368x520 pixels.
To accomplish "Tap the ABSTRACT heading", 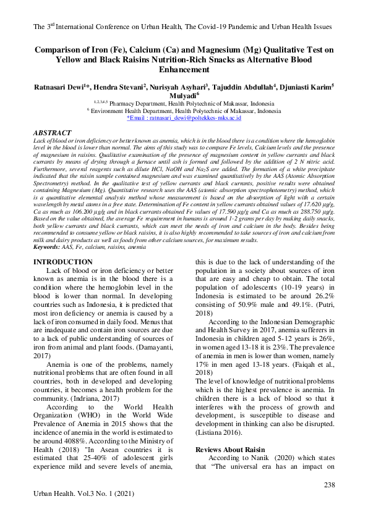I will [51, 133].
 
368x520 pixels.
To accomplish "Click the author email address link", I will [183, 117].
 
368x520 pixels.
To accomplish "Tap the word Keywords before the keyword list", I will [46, 247].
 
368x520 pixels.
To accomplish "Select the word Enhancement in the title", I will [184, 72].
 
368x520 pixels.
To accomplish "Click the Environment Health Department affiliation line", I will [184, 111].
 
